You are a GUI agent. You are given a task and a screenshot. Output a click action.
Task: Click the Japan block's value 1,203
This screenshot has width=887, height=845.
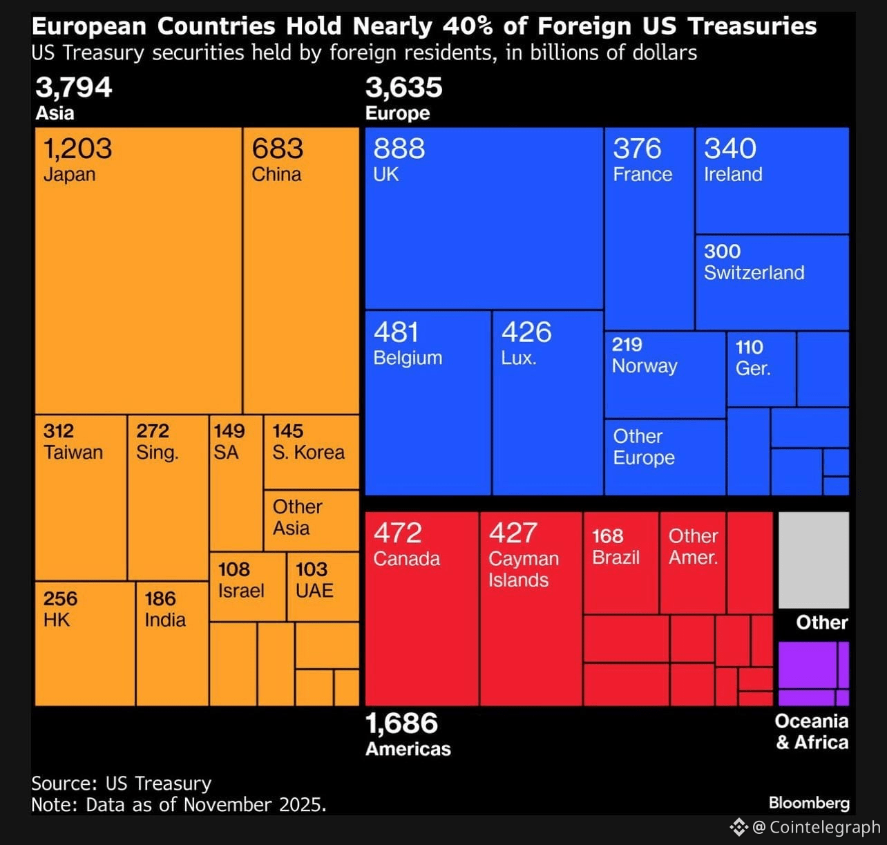(x=77, y=149)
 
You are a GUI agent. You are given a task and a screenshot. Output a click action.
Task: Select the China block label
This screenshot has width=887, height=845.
(x=276, y=174)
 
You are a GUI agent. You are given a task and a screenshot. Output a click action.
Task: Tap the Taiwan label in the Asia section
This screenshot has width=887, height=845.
(x=73, y=453)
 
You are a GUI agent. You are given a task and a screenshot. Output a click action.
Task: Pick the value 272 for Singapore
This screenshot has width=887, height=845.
(x=153, y=431)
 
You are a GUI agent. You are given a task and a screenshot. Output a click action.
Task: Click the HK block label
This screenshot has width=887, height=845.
(x=57, y=620)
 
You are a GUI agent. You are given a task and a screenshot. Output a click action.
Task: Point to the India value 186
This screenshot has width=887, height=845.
(x=160, y=598)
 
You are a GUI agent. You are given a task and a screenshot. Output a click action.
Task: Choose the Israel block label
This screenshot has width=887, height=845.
(x=241, y=591)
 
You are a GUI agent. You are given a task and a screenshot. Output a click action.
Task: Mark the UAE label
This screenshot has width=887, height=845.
(x=314, y=591)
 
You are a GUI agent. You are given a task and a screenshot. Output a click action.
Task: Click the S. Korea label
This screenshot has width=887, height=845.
(x=308, y=453)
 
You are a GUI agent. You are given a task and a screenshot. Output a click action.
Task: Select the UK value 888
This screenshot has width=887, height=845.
(x=399, y=149)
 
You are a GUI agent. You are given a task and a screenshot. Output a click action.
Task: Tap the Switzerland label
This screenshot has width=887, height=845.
(x=754, y=273)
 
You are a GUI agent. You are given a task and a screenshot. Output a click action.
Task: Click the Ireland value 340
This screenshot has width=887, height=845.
(x=730, y=149)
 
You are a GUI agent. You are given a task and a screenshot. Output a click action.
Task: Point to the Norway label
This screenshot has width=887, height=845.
(x=645, y=366)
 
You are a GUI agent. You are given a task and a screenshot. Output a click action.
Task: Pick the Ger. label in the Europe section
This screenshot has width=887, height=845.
(x=752, y=368)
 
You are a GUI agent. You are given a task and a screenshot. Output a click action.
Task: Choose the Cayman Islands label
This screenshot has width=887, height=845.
(x=523, y=569)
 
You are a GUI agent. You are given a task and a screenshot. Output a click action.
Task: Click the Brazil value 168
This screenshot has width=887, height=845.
(x=607, y=536)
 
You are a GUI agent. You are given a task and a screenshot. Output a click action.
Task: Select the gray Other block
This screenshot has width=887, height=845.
(x=813, y=560)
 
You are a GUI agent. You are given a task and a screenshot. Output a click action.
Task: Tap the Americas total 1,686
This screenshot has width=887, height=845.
(x=401, y=723)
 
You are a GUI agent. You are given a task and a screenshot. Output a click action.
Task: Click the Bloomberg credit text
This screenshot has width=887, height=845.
(x=809, y=803)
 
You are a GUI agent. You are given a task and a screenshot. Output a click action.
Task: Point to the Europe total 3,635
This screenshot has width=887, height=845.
(x=403, y=88)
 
